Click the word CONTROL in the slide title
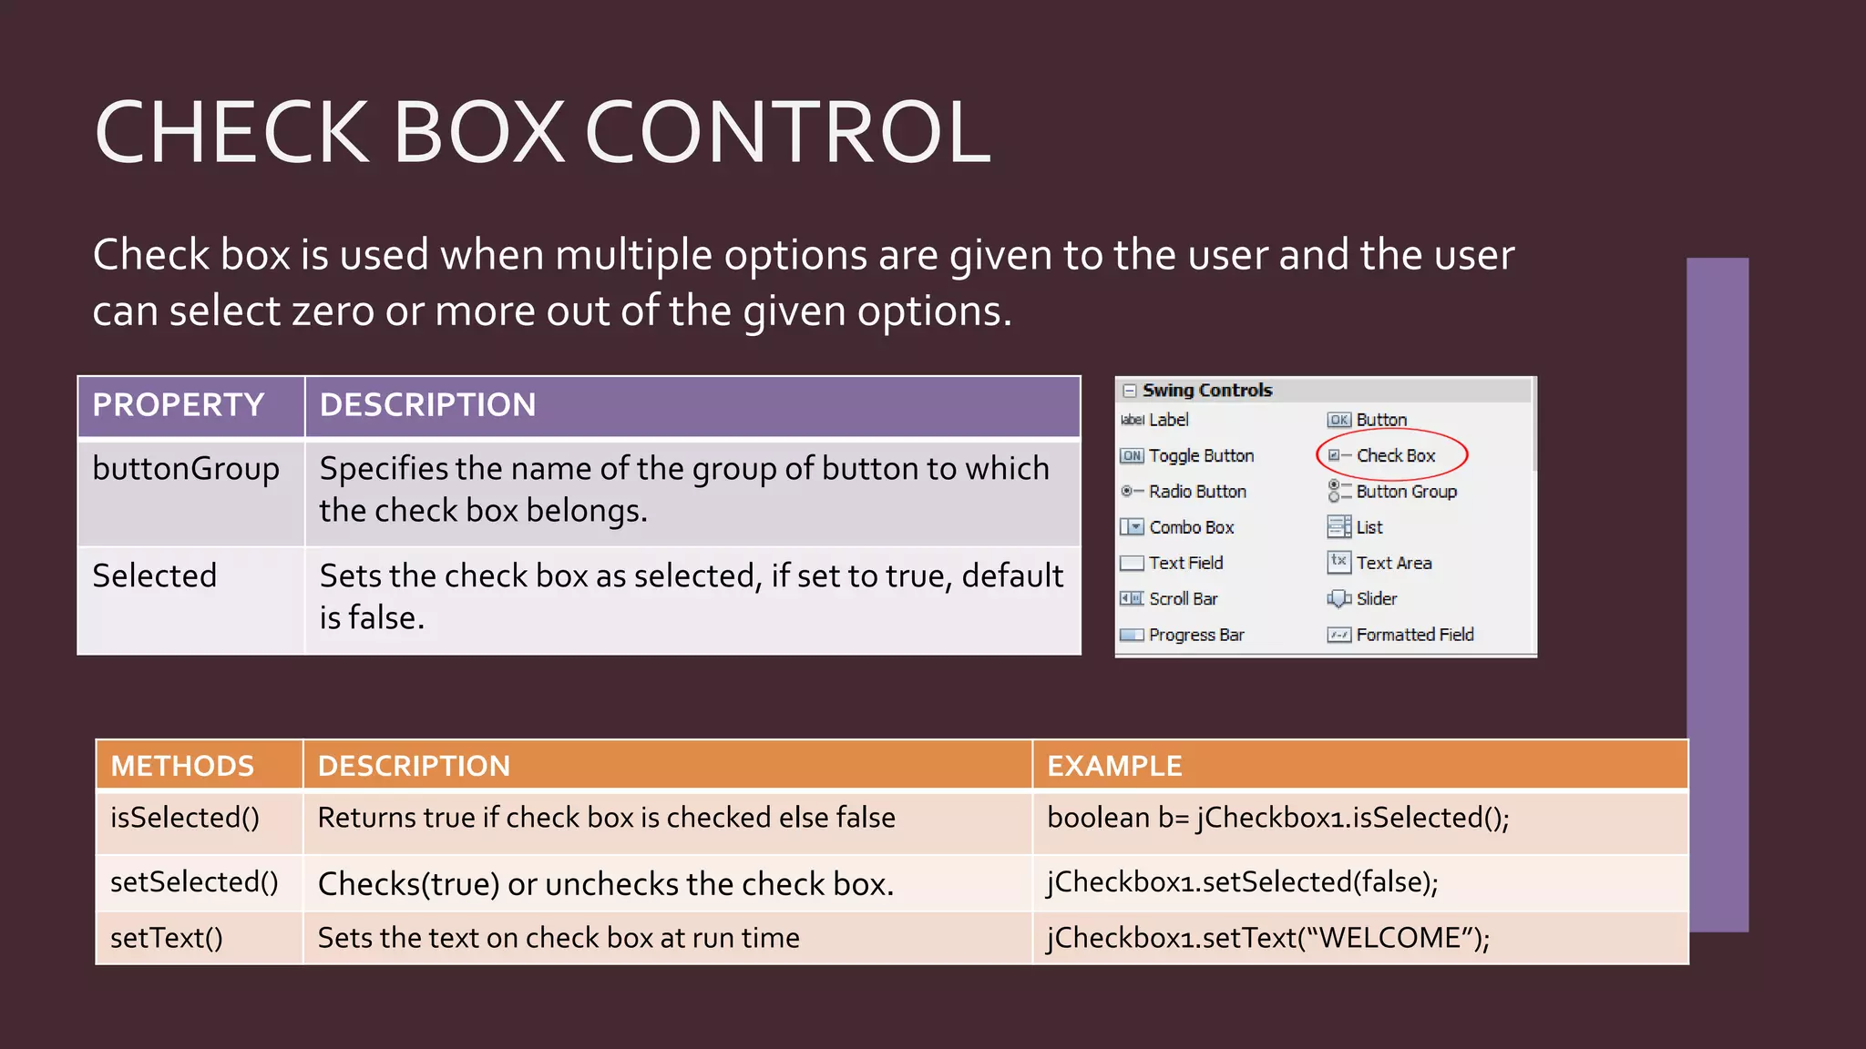787,133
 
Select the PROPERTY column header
179,405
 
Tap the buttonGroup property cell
186,469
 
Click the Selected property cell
155,576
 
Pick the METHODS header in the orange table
182,766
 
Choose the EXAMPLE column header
1114,766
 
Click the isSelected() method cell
185,818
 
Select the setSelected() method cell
194,882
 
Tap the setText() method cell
167,938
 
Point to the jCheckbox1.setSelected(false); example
1243,882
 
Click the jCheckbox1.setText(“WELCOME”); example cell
1268,938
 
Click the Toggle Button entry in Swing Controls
1200,455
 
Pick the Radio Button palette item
1196,492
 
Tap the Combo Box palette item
1191,527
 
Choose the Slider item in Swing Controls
1376,599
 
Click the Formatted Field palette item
1414,635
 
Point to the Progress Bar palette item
1195,635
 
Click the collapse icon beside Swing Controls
1130,391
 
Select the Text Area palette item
1393,563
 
